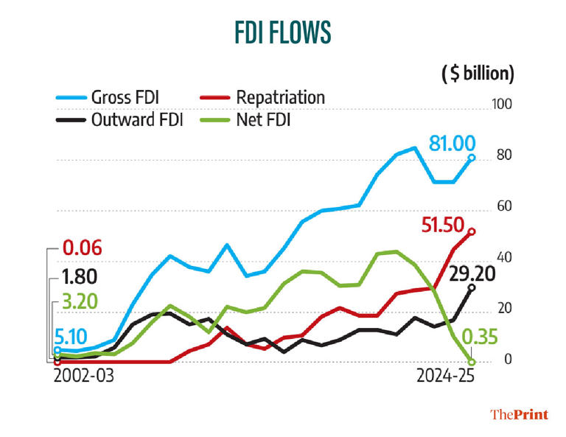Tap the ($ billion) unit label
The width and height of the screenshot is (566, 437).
(x=477, y=74)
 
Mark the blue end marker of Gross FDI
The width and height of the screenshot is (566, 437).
(x=471, y=158)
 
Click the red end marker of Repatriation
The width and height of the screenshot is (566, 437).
(x=471, y=231)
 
